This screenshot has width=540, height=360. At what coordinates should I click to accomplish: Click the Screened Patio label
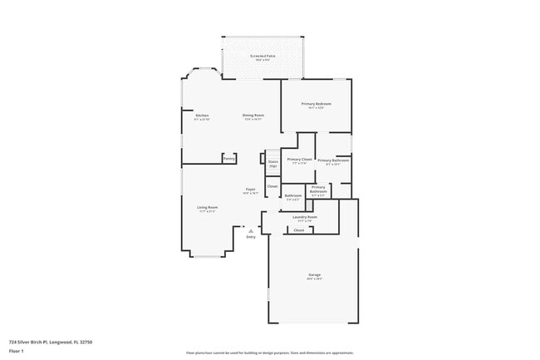point(263,56)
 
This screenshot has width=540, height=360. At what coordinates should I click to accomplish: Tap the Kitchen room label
point(202,115)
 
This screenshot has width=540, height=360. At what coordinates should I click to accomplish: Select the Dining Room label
point(253,115)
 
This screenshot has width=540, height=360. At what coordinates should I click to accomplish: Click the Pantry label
point(228,158)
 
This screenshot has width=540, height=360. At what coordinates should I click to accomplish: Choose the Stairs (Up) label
point(272,164)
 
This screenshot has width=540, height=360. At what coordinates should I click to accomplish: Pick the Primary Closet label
point(299,158)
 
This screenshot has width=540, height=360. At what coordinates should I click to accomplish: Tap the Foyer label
point(250,190)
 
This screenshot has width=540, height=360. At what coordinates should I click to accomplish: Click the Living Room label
point(207,207)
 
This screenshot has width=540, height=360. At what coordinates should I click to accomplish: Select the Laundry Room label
point(305,217)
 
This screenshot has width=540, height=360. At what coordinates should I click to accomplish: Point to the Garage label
point(315,274)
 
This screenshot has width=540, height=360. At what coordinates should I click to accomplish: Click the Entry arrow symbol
point(251,230)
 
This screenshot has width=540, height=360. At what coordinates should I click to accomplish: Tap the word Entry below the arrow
point(251,237)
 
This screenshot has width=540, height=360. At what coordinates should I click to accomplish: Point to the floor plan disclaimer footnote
point(270,353)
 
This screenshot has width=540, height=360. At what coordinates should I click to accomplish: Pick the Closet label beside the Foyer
point(272,186)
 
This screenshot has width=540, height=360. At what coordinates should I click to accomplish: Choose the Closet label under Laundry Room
point(299,229)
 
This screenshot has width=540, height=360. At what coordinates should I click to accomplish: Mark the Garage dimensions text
point(315,279)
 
